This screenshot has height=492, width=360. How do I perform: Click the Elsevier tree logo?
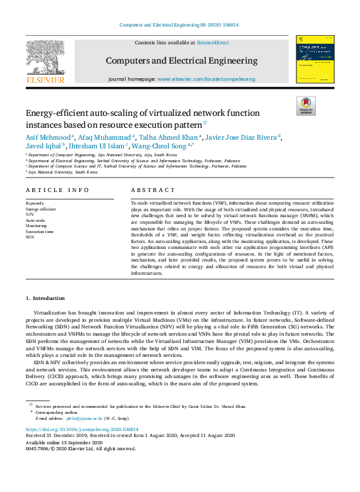click(45, 58)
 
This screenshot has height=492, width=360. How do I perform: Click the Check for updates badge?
click(306, 106)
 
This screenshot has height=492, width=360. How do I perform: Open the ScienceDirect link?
click(213, 42)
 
